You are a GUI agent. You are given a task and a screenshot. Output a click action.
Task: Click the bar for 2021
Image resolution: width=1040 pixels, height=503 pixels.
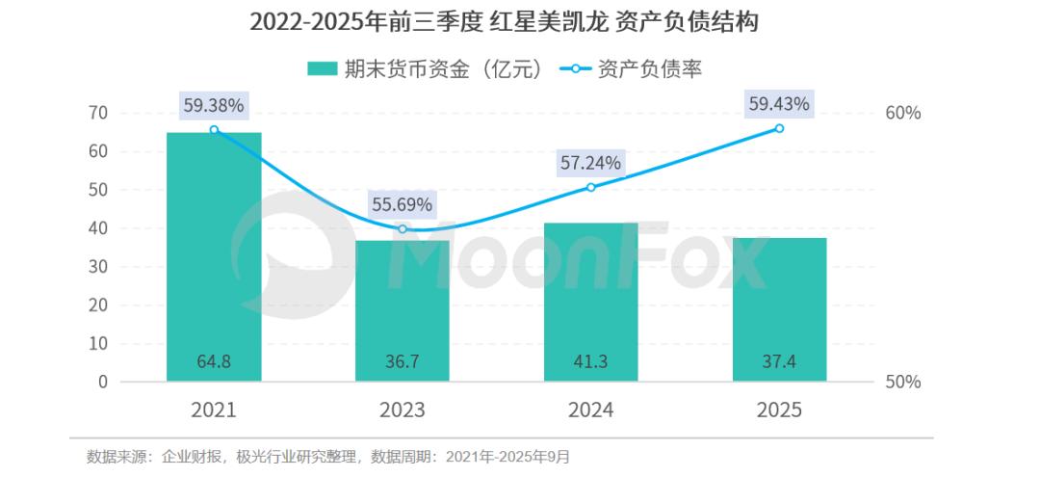214,256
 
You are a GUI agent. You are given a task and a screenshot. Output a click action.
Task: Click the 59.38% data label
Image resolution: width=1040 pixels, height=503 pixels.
214,103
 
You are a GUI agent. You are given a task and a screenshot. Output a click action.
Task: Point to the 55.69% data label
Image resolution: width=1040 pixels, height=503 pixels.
403,204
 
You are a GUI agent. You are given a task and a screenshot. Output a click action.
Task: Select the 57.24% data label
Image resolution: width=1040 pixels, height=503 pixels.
591,163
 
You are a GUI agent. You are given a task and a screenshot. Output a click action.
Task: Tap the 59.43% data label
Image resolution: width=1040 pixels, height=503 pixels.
779,103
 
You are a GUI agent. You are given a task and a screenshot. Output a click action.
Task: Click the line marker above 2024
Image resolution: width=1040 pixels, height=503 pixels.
591,187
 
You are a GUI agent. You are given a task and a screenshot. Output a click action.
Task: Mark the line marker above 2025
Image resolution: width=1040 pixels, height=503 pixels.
779,128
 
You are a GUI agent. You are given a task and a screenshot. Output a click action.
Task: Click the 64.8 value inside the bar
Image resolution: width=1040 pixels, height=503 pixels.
214,363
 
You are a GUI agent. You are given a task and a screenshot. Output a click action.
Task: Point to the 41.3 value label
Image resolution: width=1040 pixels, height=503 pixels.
591,363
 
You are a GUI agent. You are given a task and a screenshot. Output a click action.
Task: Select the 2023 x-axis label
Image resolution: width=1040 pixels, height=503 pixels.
403,410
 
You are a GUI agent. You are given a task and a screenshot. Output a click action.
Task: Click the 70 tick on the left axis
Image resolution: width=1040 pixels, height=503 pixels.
97,113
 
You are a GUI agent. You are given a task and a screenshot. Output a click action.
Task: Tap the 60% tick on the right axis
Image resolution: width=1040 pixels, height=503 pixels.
902,113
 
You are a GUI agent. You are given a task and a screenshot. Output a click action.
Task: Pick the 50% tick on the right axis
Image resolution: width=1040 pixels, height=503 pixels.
902,382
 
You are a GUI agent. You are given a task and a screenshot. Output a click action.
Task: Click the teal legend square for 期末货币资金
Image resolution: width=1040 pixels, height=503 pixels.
322,68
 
